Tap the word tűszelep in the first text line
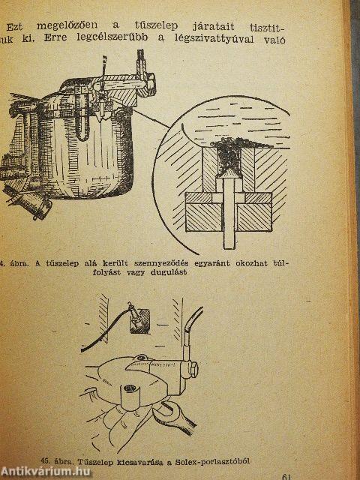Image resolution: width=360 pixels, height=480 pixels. pyautogui.click(x=157, y=25)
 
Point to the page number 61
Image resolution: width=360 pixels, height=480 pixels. pyautogui.click(x=286, y=475)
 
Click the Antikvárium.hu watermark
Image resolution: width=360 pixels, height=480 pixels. pyautogui.click(x=45, y=472)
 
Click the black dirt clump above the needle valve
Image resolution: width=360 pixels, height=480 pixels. pyautogui.click(x=232, y=151)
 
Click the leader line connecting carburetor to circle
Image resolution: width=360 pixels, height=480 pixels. pyautogui.click(x=151, y=119)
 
